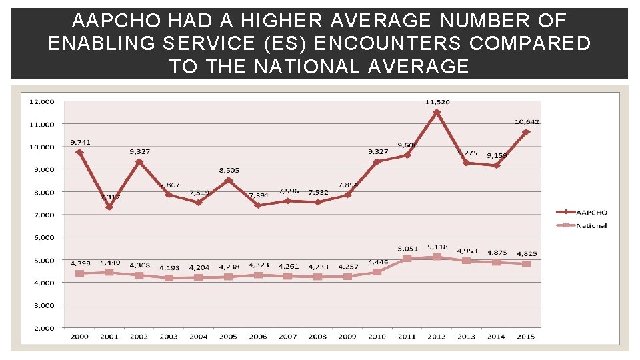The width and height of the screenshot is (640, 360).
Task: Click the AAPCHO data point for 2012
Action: (437, 113)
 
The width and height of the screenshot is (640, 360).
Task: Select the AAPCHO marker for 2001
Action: (109, 207)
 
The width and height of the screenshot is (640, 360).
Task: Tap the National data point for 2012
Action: (437, 257)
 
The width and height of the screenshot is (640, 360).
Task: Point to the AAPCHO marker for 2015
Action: (526, 132)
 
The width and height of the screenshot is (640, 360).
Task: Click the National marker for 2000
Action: (79, 273)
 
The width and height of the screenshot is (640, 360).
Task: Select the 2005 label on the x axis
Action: (228, 337)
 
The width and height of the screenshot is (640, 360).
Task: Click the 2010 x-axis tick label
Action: (377, 337)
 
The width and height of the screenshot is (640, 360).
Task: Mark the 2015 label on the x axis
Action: (526, 337)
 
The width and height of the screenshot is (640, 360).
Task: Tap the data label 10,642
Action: (527, 121)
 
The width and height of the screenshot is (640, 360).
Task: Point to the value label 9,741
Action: (81, 143)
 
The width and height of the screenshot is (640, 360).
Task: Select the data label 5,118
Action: (438, 247)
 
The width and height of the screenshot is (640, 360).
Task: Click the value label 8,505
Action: (229, 171)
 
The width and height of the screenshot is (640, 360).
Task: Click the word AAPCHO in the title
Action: (110, 21)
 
